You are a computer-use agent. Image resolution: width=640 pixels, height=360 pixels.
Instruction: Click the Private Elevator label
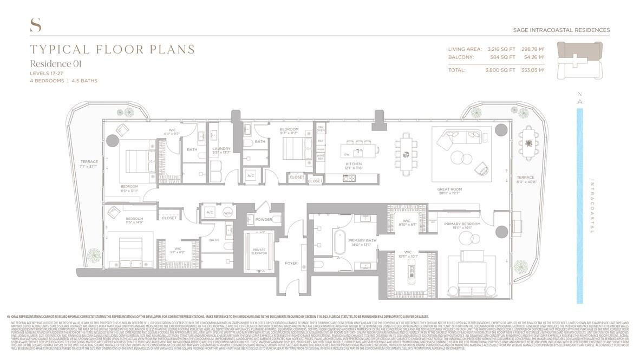[x=259, y=252]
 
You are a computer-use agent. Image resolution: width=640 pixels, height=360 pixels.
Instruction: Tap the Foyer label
[x=291, y=263]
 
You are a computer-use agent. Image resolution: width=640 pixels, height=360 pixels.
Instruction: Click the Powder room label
[x=264, y=219]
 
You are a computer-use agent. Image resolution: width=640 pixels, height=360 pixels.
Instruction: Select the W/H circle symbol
[x=227, y=212]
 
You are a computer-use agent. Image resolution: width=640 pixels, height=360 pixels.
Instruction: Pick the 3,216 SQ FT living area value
[x=500, y=49]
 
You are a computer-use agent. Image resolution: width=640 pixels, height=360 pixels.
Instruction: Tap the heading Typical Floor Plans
[x=113, y=50]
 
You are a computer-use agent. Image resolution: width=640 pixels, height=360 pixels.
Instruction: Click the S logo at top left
[x=36, y=25]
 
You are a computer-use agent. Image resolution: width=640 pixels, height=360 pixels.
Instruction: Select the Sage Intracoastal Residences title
[x=561, y=30]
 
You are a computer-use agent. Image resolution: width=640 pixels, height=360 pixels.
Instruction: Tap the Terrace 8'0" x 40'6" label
[x=525, y=180]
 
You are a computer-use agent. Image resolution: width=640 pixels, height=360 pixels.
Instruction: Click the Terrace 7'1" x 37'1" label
[x=89, y=164]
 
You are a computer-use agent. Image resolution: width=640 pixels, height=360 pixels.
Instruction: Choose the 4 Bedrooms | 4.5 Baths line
[x=64, y=81]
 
